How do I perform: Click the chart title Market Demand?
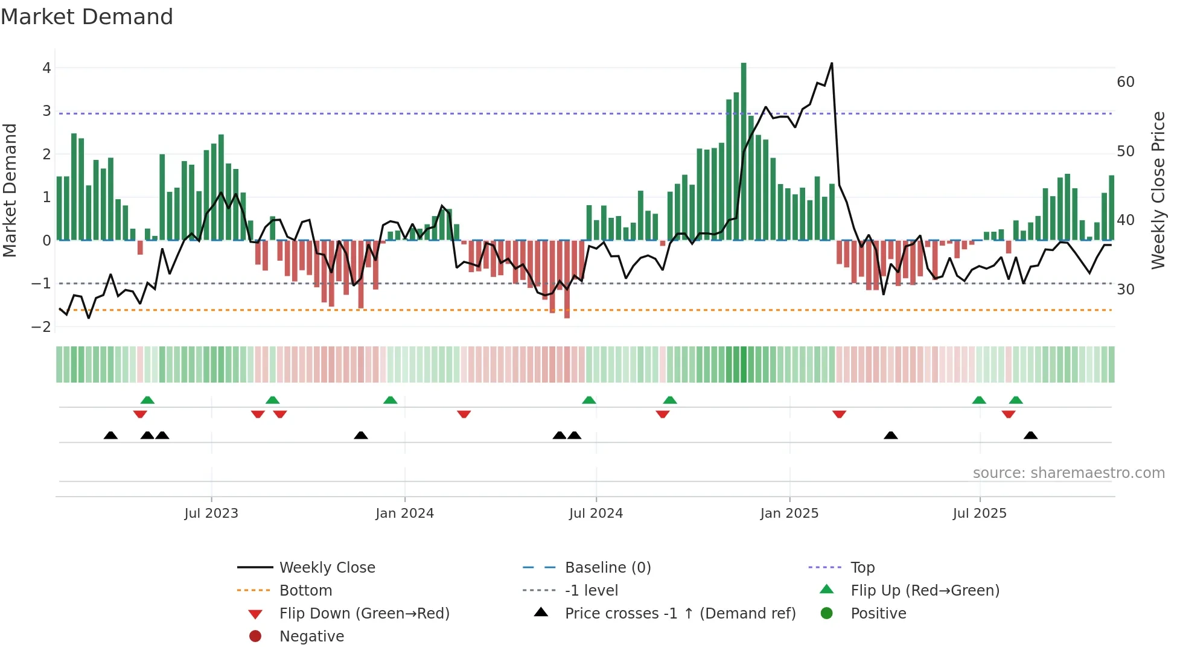87,17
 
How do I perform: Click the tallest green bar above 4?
744,151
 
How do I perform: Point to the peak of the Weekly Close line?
832,63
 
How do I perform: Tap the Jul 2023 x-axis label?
211,514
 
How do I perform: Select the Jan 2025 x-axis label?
789,514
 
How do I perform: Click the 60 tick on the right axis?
1125,82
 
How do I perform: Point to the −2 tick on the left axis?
42,327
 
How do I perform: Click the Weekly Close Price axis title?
1158,190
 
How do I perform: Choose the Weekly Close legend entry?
327,568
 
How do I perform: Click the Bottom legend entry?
305,591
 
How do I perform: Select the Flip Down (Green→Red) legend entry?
364,614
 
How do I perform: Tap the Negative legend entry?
311,637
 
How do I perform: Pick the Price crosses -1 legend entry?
680,614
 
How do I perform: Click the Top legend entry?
862,568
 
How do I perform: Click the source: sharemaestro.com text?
1068,473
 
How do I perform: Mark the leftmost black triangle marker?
110,435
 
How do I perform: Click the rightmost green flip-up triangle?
1016,400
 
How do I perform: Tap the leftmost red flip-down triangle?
140,414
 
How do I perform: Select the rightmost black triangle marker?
1030,435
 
